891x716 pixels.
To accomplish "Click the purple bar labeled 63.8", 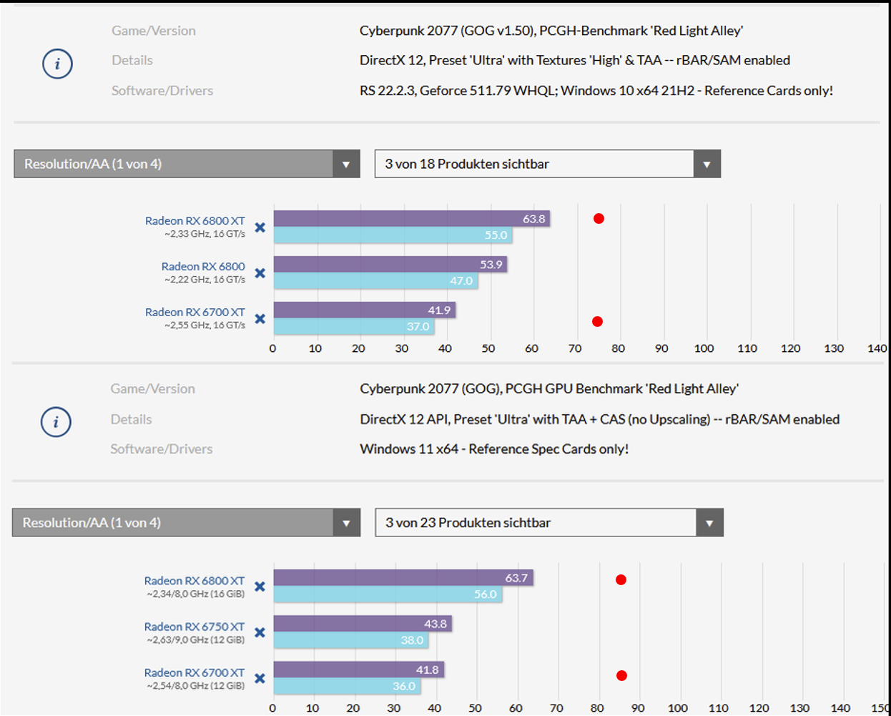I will (x=411, y=219).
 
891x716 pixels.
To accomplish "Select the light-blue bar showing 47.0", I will (x=375, y=281).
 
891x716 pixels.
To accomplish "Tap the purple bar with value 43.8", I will (x=362, y=624).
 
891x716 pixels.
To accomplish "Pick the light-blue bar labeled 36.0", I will (x=347, y=686).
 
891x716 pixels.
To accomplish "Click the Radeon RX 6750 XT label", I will (x=195, y=627).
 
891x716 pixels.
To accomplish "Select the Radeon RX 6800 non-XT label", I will (x=203, y=266).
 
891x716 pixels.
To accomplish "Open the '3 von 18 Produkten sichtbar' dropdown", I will (x=547, y=164).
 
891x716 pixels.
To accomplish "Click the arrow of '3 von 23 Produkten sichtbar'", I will (x=709, y=523).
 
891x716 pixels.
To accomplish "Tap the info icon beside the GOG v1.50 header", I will (x=57, y=64).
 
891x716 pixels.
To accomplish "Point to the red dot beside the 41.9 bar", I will (x=597, y=322).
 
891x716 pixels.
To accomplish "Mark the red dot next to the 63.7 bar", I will (x=621, y=580).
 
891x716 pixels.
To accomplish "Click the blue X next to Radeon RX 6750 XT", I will (x=260, y=632).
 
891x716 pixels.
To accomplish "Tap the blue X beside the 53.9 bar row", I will (x=260, y=273).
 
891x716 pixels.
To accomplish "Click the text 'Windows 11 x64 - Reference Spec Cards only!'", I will (x=494, y=449).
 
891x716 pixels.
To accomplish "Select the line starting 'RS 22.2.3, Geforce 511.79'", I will (x=596, y=91).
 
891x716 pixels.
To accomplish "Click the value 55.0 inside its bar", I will (x=496, y=235).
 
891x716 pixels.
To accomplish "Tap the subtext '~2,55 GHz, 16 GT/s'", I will (x=205, y=325).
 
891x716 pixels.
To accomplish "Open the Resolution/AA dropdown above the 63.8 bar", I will (x=186, y=164).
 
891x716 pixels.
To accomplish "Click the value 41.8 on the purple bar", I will (x=427, y=670).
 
